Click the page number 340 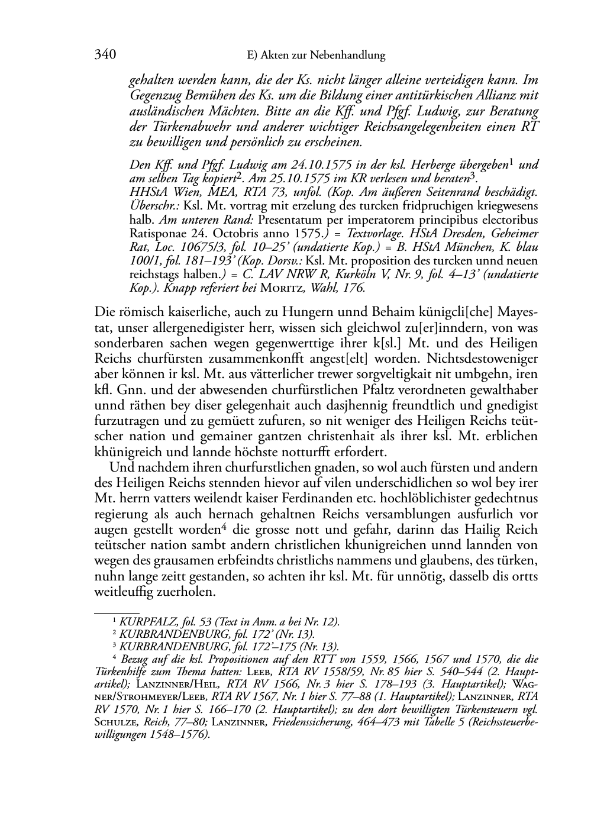105,55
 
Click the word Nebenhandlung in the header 350,56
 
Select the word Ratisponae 156,234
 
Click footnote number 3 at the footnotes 114,646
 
